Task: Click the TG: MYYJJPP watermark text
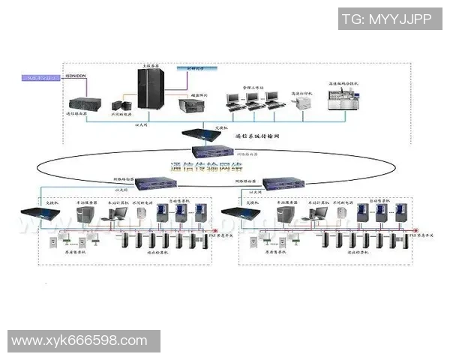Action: click(x=386, y=19)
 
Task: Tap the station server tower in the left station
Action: click(x=85, y=215)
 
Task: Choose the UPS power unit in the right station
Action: click(x=340, y=214)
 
